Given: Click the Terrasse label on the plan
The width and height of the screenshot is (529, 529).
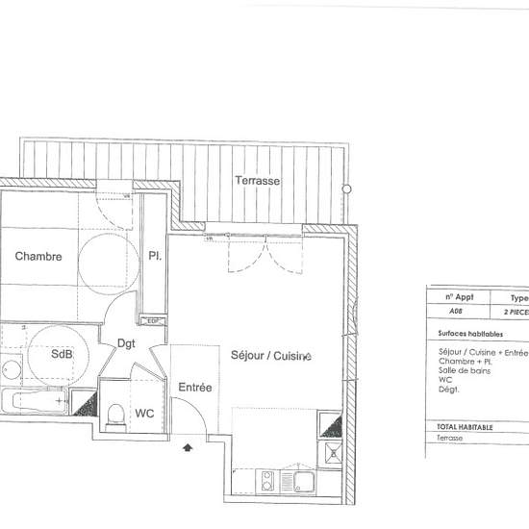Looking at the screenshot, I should tap(257, 180).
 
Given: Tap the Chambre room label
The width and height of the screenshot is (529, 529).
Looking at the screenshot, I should tap(38, 257).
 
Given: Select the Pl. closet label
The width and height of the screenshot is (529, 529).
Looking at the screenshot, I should tap(154, 257).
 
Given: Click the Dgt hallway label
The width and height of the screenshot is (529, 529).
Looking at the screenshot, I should tap(126, 341).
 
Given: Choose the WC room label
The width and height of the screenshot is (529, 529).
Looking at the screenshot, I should tap(145, 414).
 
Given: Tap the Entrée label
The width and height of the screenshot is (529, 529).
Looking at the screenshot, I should tap(195, 387).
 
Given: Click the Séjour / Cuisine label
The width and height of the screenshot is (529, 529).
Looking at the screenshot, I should tap(271, 356).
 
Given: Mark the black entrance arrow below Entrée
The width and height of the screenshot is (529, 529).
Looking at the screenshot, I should tap(188, 447).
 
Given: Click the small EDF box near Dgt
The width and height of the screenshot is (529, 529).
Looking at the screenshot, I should tap(151, 321).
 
